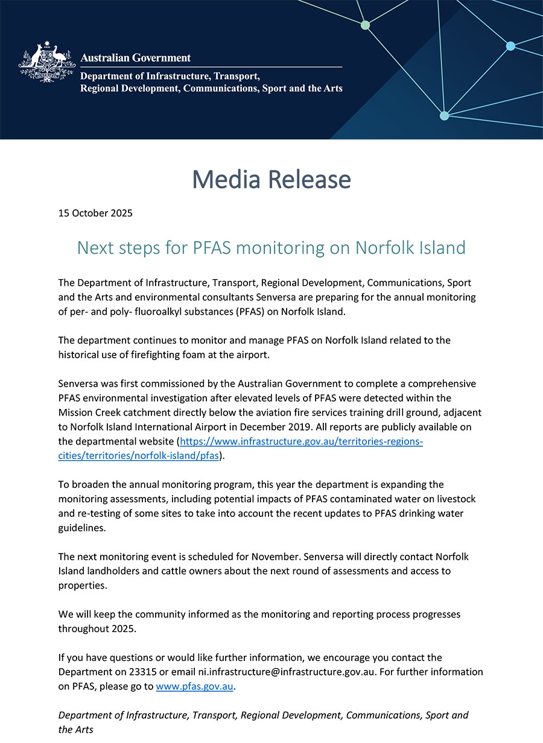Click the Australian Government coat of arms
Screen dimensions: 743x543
point(47,62)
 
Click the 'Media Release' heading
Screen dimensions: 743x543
point(271,180)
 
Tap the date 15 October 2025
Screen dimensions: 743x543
point(95,213)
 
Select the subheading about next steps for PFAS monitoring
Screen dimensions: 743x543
point(271,247)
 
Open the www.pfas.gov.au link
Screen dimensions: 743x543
point(194,686)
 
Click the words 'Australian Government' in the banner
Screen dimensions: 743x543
point(136,58)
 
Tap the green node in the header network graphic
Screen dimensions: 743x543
point(365,25)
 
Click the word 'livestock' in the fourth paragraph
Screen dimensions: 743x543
point(453,499)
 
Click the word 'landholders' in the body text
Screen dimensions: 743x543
point(115,571)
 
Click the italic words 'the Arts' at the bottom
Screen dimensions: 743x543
point(76,730)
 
